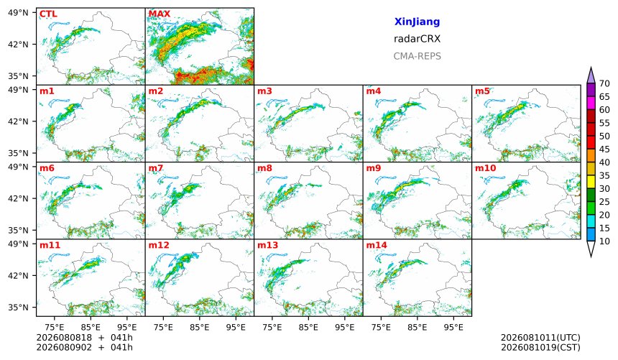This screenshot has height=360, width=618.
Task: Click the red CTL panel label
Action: click(48, 14)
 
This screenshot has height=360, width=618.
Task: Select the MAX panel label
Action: click(160, 14)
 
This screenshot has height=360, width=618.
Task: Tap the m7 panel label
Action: click(155, 168)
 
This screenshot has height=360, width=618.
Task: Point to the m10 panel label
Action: click(485, 168)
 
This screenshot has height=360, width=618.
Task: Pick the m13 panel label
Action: click(267, 245)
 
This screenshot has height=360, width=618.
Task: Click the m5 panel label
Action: click(482, 91)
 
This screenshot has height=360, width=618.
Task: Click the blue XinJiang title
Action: click(417, 22)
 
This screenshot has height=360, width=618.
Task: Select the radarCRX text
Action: click(417, 39)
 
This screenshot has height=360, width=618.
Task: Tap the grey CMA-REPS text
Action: click(417, 56)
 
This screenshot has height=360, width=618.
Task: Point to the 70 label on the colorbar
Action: click(604, 83)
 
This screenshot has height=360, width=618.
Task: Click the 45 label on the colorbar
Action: click(604, 149)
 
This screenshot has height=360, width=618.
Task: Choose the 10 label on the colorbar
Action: click(604, 241)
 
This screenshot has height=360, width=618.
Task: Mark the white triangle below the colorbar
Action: click(591, 248)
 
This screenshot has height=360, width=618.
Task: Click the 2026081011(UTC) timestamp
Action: click(540, 338)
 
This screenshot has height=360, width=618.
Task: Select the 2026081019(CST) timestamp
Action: click(540, 347)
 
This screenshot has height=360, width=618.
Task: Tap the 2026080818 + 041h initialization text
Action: click(84, 338)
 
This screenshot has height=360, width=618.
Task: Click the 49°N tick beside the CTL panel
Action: click(18, 13)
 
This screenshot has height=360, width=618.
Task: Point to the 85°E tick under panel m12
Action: click(200, 327)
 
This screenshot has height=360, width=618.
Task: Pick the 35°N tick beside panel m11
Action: click(18, 307)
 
